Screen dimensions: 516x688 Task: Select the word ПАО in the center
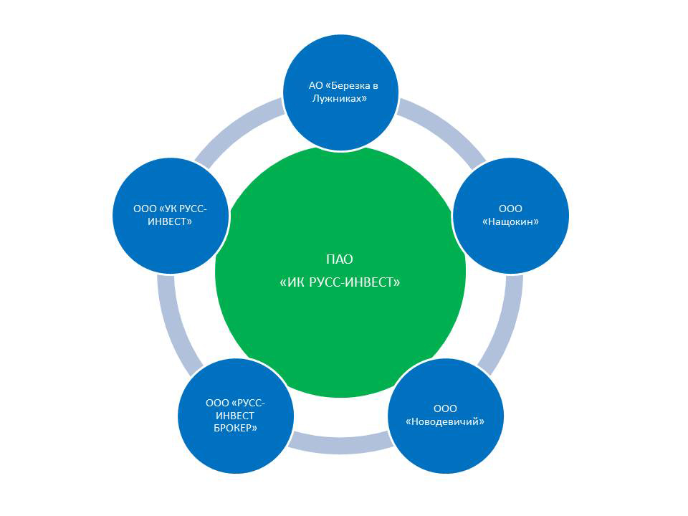click(x=340, y=259)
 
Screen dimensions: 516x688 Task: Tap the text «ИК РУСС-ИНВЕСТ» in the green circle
click(x=340, y=282)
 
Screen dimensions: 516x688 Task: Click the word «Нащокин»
click(x=510, y=222)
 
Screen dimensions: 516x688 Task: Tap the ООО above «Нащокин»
click(x=510, y=209)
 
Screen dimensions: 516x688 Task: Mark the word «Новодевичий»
click(x=445, y=421)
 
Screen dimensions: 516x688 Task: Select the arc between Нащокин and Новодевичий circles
click(x=504, y=322)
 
